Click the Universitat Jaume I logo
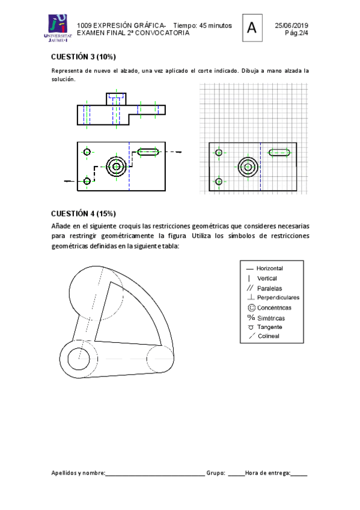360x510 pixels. coord(58,28)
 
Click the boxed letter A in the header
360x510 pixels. coord(252,28)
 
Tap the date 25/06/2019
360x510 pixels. coord(291,25)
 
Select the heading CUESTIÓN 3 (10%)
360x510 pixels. coord(84,57)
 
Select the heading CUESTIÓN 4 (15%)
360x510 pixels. coord(84,214)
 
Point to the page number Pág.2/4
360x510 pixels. coord(297,33)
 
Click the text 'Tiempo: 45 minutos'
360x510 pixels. coord(203,25)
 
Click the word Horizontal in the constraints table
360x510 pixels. coord(270,268)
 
